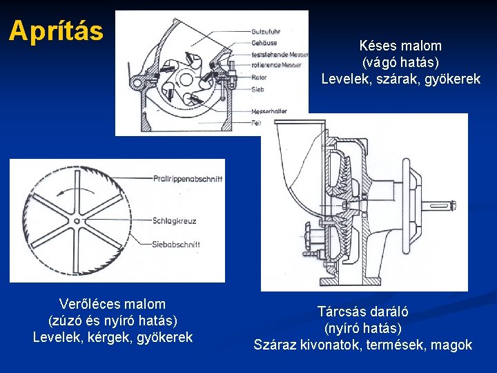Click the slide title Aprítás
[x=56, y=30]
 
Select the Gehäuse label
[x=265, y=43]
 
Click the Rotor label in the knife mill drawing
[x=260, y=77]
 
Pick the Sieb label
[x=258, y=89]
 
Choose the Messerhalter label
[x=270, y=111]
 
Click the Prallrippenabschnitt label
[x=188, y=179]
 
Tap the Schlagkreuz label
[x=175, y=221]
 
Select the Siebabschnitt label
[x=177, y=244]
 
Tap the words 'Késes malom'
[x=400, y=46]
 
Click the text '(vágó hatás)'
[x=400, y=63]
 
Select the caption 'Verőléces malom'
[x=113, y=304]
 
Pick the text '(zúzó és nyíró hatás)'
[x=113, y=321]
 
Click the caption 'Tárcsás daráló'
[x=362, y=312]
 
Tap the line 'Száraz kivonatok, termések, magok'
[x=362, y=345]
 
